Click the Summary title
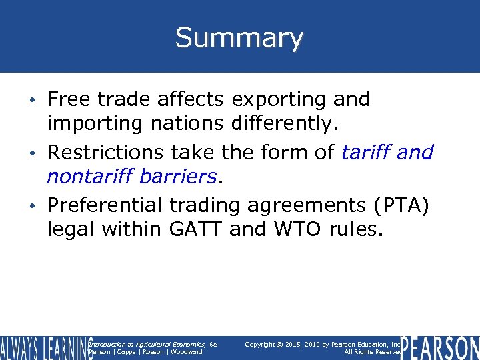239,38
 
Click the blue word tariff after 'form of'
366,153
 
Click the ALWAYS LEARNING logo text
45,348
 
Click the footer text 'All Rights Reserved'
372,352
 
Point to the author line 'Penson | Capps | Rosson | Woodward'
145,352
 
